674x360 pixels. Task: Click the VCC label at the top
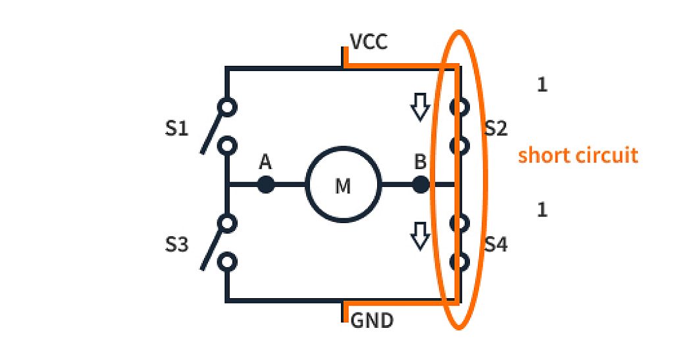click(369, 43)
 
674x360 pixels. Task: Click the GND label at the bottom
click(372, 321)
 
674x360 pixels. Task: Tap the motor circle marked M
click(343, 185)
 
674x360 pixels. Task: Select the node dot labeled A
click(265, 184)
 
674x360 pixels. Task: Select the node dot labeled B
click(421, 184)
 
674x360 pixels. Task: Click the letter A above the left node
click(265, 162)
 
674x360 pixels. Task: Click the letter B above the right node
click(420, 162)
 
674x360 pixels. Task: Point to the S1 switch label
click(176, 128)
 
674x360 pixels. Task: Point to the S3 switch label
click(176, 245)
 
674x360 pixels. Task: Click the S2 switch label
click(496, 128)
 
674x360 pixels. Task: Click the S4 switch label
click(496, 245)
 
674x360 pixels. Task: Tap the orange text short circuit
click(578, 156)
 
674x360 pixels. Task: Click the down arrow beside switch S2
click(419, 107)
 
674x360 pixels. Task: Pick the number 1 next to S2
click(542, 85)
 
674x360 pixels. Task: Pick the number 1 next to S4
click(542, 210)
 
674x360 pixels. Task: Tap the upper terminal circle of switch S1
click(228, 107)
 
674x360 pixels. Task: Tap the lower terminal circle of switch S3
click(228, 262)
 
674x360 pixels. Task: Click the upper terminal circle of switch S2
click(459, 107)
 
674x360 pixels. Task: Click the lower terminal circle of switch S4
click(459, 262)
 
